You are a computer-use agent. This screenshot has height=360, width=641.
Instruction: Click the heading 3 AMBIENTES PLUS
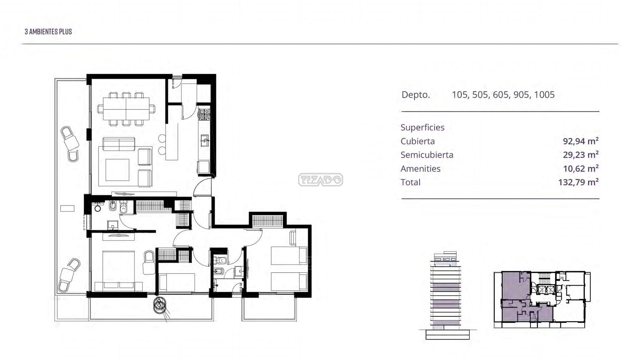click(48, 32)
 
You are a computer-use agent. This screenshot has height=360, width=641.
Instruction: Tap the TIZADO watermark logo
click(320, 180)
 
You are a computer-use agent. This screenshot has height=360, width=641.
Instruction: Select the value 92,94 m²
click(581, 141)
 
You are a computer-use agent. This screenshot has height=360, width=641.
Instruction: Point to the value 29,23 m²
click(581, 155)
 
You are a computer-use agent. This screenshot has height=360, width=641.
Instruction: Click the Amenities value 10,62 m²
click(581, 168)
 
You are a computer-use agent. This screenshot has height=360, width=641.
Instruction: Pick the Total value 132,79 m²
click(578, 182)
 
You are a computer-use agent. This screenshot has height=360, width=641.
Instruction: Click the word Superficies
click(422, 127)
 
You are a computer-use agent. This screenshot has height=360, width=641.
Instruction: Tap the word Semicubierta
click(427, 155)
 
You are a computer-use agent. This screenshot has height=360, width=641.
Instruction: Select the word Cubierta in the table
click(418, 141)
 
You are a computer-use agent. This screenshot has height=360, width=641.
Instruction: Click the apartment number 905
click(521, 95)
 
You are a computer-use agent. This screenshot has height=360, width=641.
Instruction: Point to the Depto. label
click(416, 95)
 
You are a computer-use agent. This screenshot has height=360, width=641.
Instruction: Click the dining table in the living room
click(126, 109)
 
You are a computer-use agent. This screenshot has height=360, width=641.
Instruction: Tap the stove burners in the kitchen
click(204, 114)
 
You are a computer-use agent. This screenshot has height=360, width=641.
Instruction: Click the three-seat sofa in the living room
click(119, 144)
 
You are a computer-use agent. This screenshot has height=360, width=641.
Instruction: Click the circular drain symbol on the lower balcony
click(160, 305)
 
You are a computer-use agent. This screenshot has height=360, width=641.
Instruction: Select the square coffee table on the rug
click(117, 170)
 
